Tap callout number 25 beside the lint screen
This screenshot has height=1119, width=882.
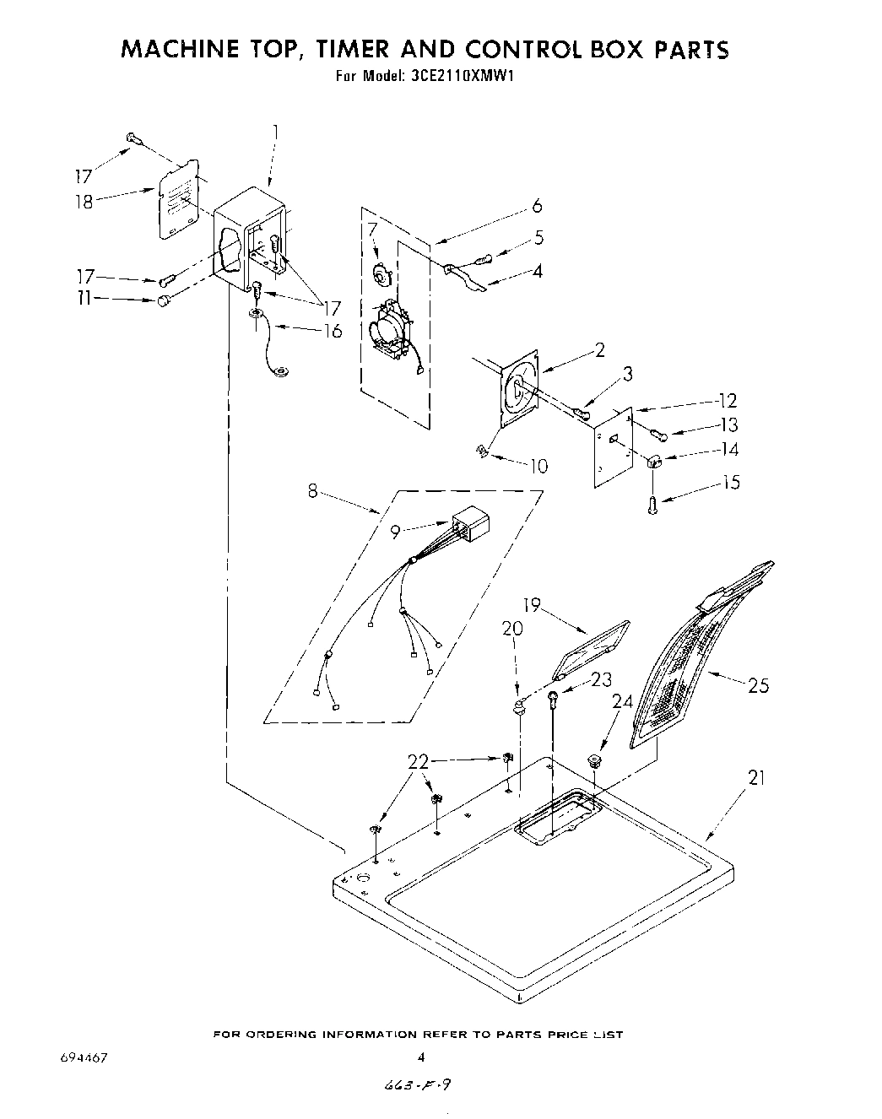tap(758, 685)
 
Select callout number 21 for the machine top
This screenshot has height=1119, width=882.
tap(756, 778)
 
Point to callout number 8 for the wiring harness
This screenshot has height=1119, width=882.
tap(313, 490)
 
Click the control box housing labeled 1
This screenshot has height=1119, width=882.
tap(249, 236)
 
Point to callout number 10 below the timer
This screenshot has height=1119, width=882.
tap(538, 465)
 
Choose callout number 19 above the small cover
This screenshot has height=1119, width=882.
tap(532, 606)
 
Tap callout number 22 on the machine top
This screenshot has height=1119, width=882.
tap(419, 761)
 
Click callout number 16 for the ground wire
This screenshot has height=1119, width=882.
tap(333, 331)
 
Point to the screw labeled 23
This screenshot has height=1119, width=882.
tap(551, 697)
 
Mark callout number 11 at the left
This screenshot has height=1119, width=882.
tap(83, 299)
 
